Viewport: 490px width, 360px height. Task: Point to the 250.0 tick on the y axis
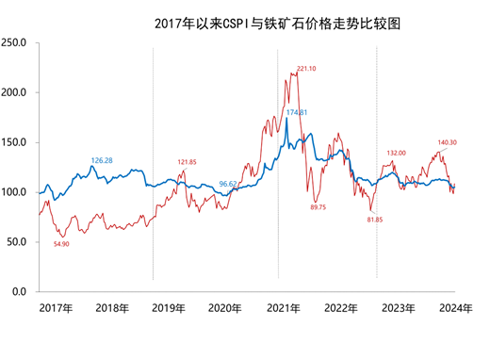(15, 42)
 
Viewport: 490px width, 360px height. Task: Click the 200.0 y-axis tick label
(15, 92)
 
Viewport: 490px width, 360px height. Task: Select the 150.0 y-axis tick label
(15, 142)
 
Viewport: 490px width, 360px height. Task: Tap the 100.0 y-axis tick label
(15, 192)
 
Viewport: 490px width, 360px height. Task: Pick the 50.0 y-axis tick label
(18, 242)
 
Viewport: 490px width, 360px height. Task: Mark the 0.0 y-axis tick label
(21, 292)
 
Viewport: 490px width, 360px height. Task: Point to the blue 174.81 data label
(298, 112)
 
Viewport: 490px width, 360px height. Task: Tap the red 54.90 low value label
(63, 243)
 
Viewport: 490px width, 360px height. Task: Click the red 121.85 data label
(188, 162)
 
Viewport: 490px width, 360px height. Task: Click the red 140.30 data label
(448, 142)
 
